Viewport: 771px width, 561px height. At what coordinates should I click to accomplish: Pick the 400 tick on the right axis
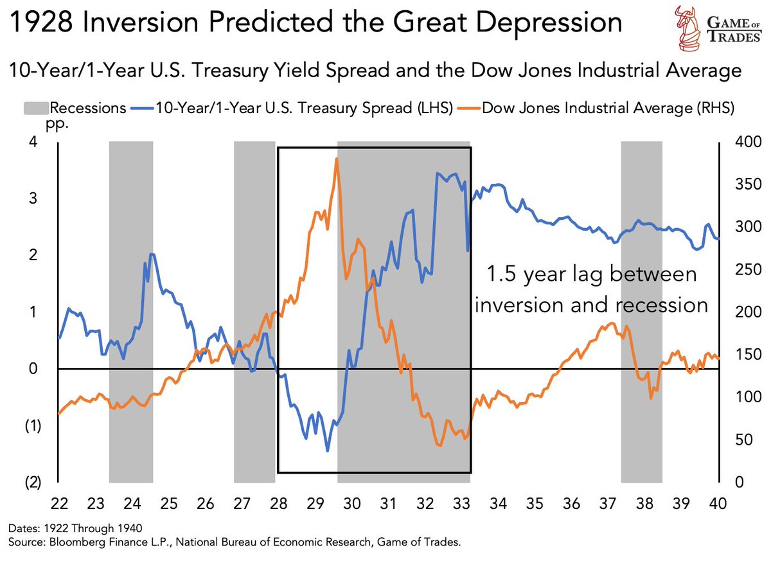[x=736, y=142]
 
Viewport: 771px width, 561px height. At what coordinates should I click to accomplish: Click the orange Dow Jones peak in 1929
[x=337, y=159]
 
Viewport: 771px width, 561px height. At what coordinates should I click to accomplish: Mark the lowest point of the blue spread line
[x=328, y=450]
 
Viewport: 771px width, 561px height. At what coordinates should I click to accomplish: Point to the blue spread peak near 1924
[x=152, y=254]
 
